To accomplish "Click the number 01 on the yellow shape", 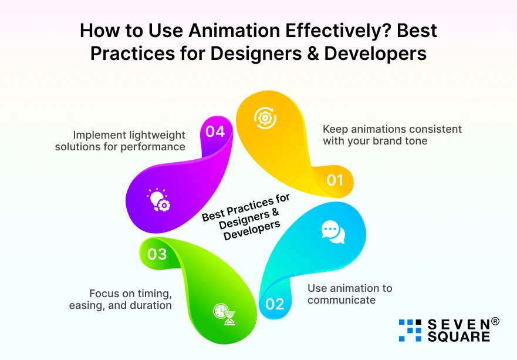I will (334, 180).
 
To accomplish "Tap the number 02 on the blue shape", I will (275, 304).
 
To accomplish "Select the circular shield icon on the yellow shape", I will (265, 117).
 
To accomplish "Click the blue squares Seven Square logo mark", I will (410, 330).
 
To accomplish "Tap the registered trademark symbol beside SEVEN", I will (495, 322).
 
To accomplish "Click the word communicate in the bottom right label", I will (342, 300).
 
